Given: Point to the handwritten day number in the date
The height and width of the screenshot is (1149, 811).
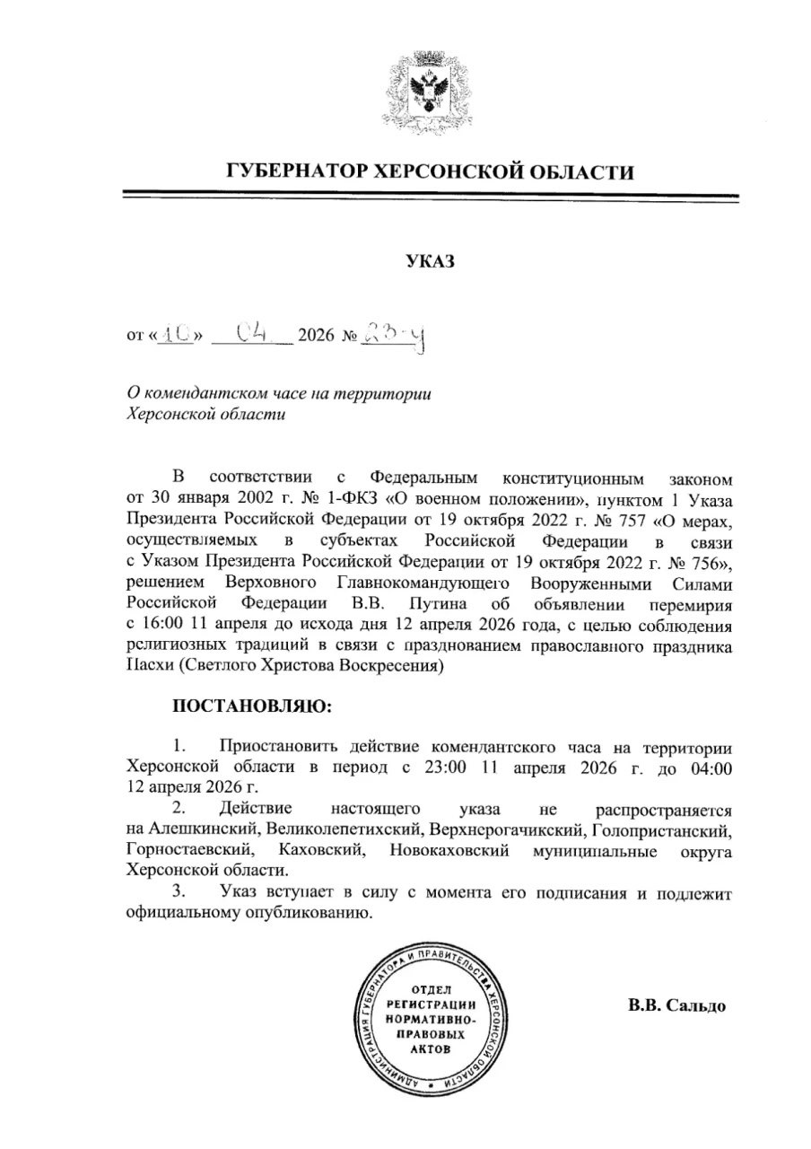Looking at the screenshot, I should pos(179,335).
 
